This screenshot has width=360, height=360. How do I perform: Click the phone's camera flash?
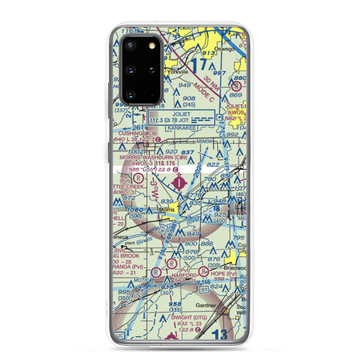click(152, 45)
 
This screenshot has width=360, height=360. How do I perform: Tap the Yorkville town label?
click(177, 72)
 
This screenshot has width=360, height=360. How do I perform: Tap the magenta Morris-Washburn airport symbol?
click(179, 183)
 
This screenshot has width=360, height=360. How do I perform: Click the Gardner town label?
click(206, 306)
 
